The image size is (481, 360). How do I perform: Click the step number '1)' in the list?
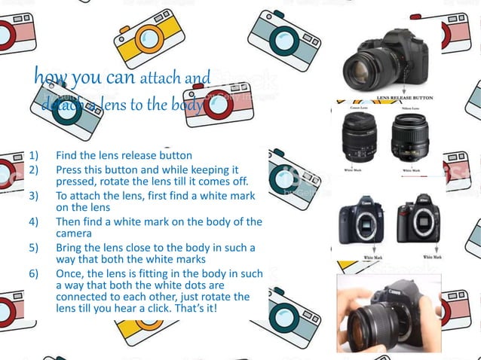(34, 156)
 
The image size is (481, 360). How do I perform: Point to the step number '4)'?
(34, 221)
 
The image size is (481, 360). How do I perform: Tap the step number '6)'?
(34, 272)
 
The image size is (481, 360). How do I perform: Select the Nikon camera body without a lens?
(417, 218)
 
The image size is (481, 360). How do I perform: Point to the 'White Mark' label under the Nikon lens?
(412, 171)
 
